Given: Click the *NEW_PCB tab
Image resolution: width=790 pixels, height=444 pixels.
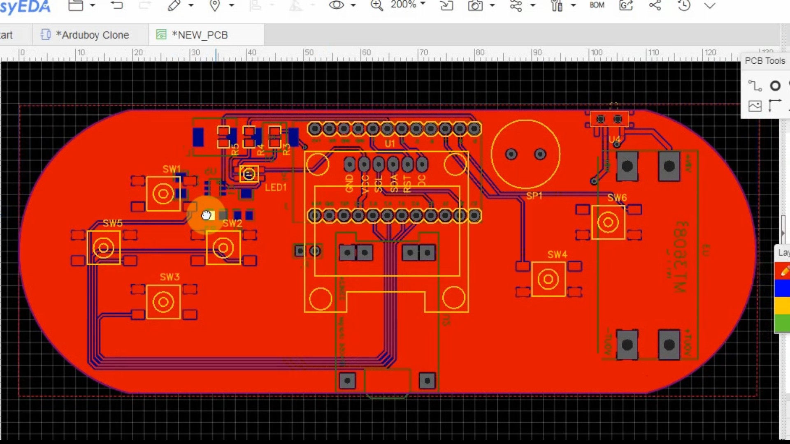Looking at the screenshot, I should click(x=200, y=35).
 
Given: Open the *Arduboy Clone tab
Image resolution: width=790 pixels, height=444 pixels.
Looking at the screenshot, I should click(x=92, y=35).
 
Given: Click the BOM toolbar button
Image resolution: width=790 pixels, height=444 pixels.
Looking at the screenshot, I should click(x=597, y=5).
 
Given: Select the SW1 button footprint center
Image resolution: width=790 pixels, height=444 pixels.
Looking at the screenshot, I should click(x=163, y=194).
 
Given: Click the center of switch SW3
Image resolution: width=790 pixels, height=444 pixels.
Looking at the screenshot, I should click(x=163, y=302).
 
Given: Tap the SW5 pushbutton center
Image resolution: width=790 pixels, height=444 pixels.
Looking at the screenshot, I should click(x=103, y=248).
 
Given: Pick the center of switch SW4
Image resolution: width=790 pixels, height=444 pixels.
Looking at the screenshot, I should click(x=548, y=280).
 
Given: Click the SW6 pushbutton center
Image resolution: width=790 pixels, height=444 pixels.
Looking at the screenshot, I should click(x=608, y=223).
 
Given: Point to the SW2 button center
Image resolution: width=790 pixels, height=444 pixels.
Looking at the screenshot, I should click(x=223, y=248).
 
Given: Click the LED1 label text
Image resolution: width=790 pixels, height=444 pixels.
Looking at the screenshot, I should click(x=275, y=187).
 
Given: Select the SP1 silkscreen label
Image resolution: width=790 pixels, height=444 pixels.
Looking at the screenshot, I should click(x=534, y=196).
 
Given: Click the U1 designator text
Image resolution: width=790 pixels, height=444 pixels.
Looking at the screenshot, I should click(x=390, y=143).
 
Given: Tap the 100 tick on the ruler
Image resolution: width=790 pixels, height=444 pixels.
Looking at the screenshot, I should click(x=596, y=53).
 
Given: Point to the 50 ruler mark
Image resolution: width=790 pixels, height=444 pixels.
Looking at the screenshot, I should click(x=308, y=53).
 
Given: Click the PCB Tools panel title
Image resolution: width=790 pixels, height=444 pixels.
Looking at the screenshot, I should click(x=764, y=61).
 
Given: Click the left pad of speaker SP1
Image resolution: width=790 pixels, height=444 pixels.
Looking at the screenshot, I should click(x=511, y=154).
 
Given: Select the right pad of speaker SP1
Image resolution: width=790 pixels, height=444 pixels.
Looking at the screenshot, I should click(x=540, y=154).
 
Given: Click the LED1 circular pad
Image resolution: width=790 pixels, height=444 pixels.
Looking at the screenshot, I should click(x=249, y=174).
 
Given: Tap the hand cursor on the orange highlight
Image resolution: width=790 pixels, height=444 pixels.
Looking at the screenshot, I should click(x=206, y=215).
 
